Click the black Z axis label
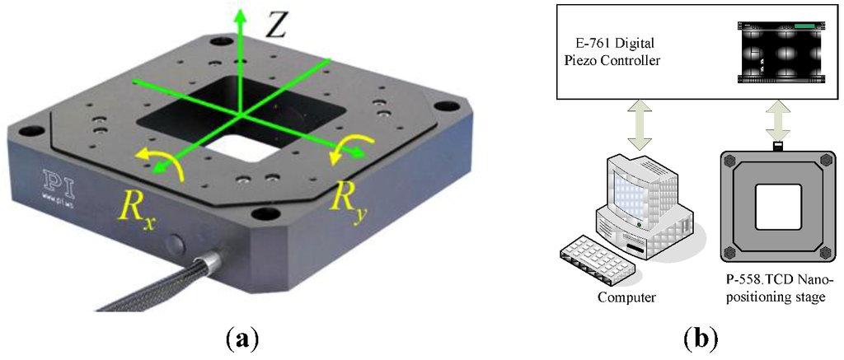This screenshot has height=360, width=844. [275, 27]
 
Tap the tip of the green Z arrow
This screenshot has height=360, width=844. [241, 12]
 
